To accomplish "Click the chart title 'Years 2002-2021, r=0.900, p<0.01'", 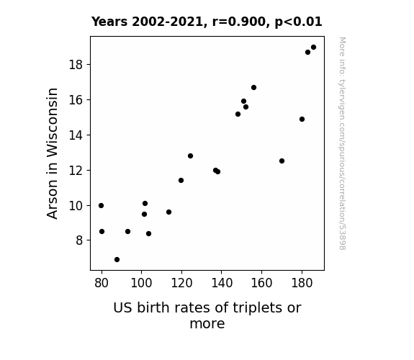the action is click(207, 22).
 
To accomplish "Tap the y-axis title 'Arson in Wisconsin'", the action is click(52, 153).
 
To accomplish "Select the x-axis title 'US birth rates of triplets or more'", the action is click(207, 315).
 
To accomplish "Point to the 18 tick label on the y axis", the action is click(76, 65).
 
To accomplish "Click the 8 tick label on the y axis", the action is click(79, 240).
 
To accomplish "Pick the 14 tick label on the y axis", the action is click(76, 135).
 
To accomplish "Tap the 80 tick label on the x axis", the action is click(102, 283).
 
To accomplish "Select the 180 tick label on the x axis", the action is click(302, 283).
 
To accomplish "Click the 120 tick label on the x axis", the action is click(181, 283).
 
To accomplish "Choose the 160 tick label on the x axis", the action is click(261, 283).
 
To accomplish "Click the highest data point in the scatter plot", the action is click(313, 48).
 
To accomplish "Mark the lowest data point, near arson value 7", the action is click(117, 260).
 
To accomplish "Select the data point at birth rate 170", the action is click(282, 161).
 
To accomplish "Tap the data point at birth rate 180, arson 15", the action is click(302, 119).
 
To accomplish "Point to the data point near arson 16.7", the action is click(253, 87).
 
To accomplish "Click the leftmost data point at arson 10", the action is click(101, 205).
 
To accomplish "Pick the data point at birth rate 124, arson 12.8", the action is click(190, 156).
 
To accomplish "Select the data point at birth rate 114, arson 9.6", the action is click(168, 212).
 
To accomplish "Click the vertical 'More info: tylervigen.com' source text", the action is click(343, 143).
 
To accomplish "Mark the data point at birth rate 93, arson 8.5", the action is click(127, 231).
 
